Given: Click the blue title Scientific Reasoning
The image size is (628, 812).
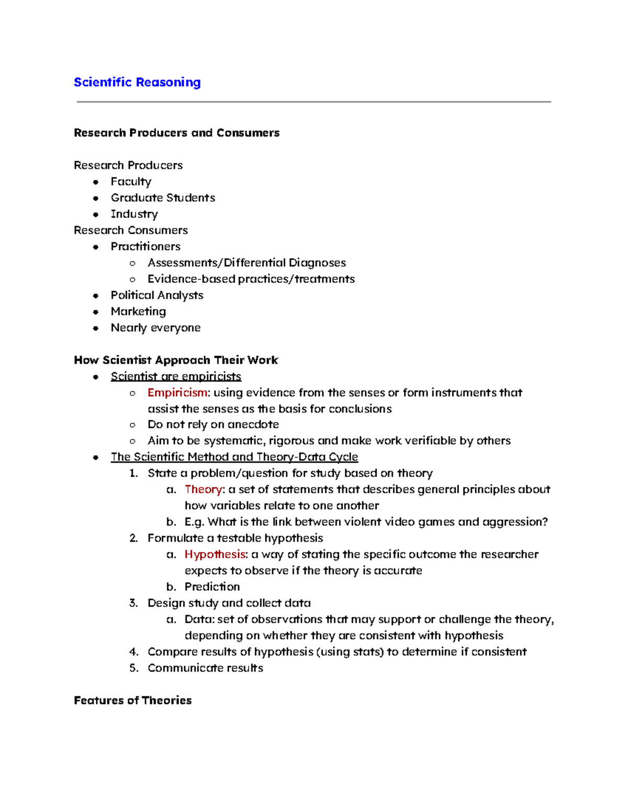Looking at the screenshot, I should (137, 83).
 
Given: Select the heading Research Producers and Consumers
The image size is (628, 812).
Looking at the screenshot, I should (176, 133).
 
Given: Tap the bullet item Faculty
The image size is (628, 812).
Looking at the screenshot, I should (131, 181).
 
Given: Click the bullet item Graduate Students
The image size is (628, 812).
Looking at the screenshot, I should (163, 198).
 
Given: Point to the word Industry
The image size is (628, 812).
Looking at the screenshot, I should (134, 214).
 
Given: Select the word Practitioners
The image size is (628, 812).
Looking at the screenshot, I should (145, 246).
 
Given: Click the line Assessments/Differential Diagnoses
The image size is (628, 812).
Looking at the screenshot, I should (246, 262).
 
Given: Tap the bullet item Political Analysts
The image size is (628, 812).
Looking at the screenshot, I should (157, 295).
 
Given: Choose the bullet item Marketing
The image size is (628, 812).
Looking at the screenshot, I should (138, 311).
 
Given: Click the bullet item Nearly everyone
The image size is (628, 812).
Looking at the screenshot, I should (155, 327).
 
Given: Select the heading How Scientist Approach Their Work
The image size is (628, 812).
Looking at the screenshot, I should (176, 360).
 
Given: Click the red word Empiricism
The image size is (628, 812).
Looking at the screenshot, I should (177, 392).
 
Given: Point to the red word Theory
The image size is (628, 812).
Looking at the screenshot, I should (203, 489).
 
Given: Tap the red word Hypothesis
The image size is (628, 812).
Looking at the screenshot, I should (215, 554).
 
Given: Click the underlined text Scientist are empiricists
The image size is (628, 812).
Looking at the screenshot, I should (176, 376).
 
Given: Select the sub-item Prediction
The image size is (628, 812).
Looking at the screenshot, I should (212, 587).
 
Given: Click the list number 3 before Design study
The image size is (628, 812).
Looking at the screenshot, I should (133, 603).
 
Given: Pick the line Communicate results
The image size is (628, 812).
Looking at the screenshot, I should (205, 668).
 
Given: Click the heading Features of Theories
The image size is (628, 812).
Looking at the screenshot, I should (132, 700).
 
